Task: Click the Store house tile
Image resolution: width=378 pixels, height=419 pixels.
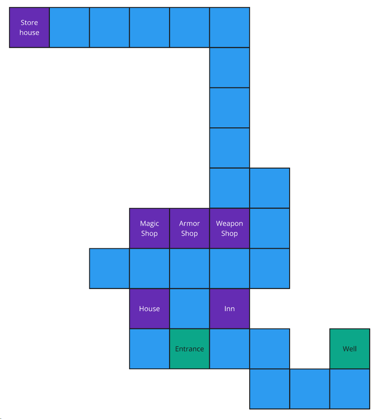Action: tap(29, 27)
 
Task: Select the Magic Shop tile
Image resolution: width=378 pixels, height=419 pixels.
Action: tap(149, 228)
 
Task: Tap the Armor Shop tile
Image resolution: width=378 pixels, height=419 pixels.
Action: tap(189, 228)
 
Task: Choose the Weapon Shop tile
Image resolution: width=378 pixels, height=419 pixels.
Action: tap(229, 228)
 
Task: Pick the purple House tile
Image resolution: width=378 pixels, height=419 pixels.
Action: tap(149, 309)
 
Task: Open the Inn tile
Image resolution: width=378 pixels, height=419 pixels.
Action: tap(229, 309)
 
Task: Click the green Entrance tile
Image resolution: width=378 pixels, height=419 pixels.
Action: tap(189, 349)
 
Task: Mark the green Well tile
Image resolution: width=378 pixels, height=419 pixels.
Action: tap(349, 349)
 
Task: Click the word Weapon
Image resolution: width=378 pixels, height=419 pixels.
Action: tap(229, 224)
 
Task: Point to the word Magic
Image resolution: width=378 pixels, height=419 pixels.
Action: tap(149, 224)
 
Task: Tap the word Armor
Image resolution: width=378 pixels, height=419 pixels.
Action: tap(189, 224)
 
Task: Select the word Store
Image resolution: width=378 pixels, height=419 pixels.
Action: tap(29, 23)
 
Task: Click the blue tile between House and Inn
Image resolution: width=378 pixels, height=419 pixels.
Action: tap(189, 309)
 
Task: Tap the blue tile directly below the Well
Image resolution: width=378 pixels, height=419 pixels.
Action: tap(349, 389)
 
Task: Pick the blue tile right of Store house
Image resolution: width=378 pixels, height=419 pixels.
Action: tap(69, 27)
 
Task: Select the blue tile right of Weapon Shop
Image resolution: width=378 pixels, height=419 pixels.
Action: tap(270, 228)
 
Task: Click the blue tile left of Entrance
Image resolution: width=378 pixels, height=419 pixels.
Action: tap(149, 349)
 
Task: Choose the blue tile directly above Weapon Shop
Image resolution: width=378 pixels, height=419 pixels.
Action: tap(229, 188)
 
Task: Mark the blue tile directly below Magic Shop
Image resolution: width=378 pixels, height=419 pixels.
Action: tap(149, 269)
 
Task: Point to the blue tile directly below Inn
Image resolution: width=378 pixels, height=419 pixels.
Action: tap(229, 349)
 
